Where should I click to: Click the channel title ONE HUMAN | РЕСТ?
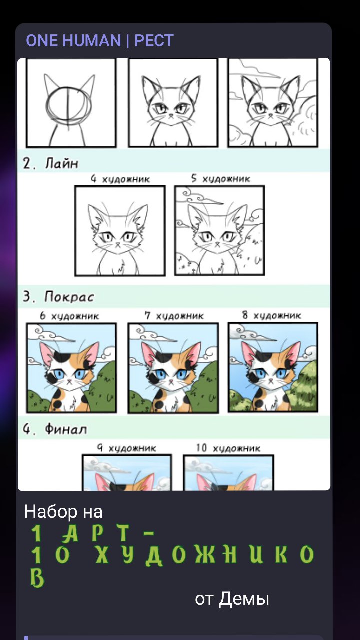coord(100,40)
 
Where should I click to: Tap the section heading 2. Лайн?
coord(51,163)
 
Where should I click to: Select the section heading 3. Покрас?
coord(58,296)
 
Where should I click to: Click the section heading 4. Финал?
coord(55,429)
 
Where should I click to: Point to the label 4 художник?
coord(120,179)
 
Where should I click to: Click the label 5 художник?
coord(221,179)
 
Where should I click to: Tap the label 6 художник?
coord(69,316)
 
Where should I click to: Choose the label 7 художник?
coord(174,315)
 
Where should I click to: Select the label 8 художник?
coord(272,315)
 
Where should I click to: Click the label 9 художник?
coord(127,448)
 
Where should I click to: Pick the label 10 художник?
coord(228,448)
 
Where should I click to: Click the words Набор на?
coord(63,512)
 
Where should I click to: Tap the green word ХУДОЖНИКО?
coord(205,555)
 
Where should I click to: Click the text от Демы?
coord(232,599)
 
